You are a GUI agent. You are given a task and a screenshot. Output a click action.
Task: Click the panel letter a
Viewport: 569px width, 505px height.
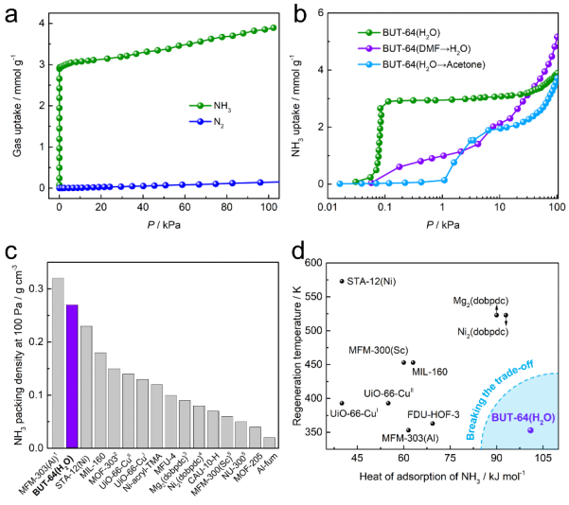(12, 16)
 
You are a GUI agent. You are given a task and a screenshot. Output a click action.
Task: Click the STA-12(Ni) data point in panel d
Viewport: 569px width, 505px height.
(342, 281)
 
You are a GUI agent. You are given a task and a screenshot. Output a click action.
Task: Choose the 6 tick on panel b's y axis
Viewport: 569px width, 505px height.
(321, 12)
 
